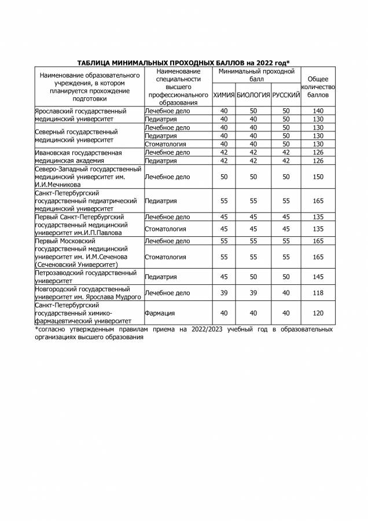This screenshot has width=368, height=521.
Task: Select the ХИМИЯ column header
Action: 224,94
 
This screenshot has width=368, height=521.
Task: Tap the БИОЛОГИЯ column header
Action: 253,94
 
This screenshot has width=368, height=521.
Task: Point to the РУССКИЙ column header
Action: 285,94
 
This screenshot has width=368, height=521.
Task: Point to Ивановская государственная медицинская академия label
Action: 78,156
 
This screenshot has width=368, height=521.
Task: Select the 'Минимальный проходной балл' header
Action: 256,74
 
